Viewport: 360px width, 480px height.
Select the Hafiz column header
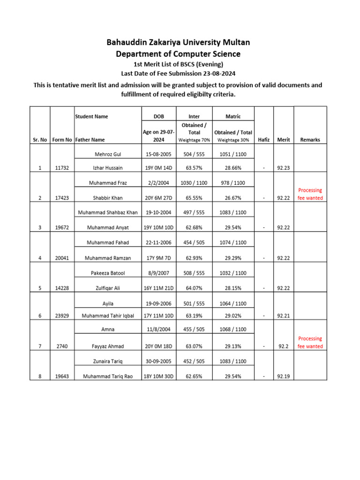click(x=264, y=140)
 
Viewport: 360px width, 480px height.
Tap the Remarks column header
click(x=310, y=140)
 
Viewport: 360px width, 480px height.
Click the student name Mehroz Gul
click(x=107, y=154)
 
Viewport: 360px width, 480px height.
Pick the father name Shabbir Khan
click(x=107, y=198)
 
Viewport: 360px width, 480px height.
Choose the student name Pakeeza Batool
click(x=107, y=273)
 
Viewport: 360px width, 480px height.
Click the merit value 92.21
click(x=283, y=316)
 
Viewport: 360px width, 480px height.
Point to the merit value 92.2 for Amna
click(x=283, y=346)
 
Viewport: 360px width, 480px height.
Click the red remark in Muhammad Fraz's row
click(x=310, y=194)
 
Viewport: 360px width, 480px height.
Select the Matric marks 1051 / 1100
click(x=233, y=154)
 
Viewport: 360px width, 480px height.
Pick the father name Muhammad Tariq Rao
click(x=107, y=376)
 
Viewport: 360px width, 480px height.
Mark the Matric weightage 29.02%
click(x=233, y=316)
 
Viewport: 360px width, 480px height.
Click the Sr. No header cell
click(x=40, y=140)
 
